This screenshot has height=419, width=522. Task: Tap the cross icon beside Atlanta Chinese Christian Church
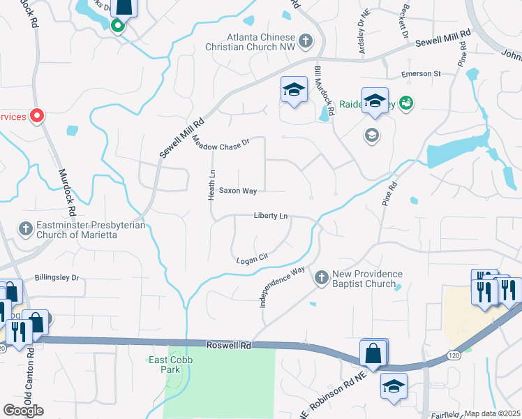(x=306, y=41)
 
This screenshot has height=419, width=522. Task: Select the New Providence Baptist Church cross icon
(x=321, y=278)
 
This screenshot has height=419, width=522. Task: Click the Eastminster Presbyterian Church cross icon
(x=25, y=229)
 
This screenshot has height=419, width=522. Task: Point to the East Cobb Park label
(x=166, y=364)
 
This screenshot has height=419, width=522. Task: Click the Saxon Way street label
(x=238, y=190)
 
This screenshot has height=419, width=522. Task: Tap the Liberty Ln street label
(x=271, y=216)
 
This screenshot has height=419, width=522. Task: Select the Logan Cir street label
(x=253, y=258)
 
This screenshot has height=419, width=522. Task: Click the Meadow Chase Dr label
(x=221, y=143)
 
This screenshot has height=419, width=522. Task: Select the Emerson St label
(x=421, y=73)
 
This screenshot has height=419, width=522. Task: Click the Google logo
(x=23, y=410)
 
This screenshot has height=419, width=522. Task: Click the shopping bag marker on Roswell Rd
(x=373, y=353)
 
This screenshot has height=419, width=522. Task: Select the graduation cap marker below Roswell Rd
(x=394, y=386)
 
